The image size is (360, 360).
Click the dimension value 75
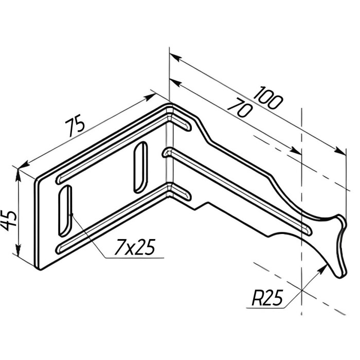point(75,128)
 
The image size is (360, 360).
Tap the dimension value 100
point(268,98)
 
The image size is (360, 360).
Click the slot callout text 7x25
point(135,247)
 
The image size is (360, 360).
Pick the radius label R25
point(267,298)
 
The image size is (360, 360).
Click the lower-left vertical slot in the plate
point(65,211)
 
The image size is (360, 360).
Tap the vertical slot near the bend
point(140,167)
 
